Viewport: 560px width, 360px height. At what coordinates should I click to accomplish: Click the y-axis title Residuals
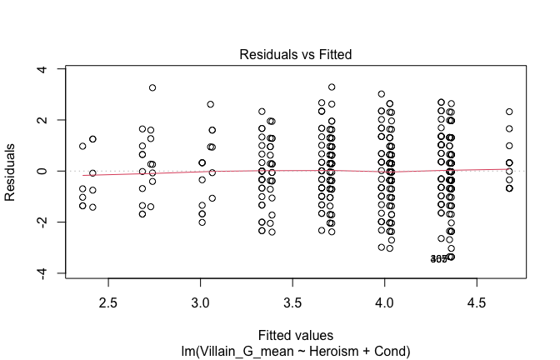coord(12,172)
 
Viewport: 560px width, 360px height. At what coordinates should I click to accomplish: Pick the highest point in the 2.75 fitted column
coord(152,87)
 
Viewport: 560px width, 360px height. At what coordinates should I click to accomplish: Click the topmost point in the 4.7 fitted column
coord(509,112)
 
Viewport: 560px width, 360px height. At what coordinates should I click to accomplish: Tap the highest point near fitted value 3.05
coord(211,104)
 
